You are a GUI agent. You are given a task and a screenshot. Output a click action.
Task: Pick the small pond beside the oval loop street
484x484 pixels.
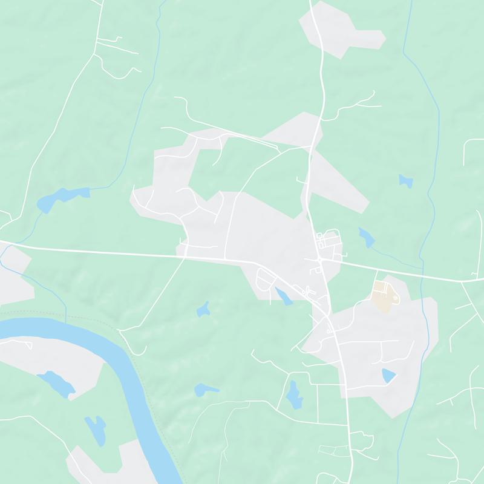coord(282,296)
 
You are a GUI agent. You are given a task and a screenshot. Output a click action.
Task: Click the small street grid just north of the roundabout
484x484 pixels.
coord(330,240)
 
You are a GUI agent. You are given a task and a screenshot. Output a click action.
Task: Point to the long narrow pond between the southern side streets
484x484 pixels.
coord(295,394)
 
